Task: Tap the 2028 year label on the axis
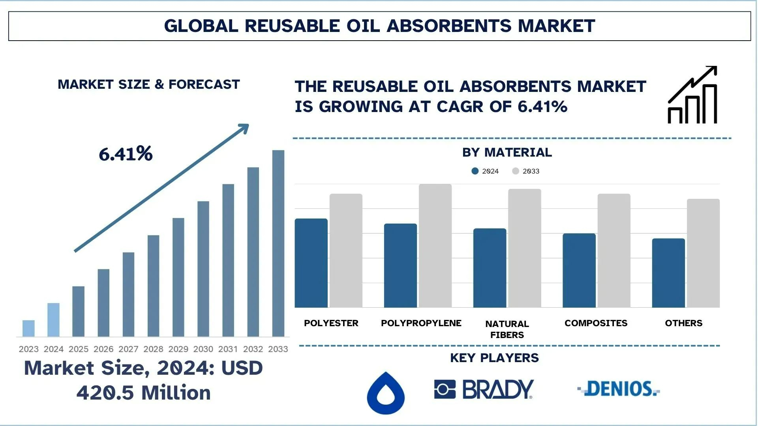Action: [x=153, y=349]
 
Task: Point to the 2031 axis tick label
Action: [x=228, y=349]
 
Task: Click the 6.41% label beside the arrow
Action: [x=126, y=154]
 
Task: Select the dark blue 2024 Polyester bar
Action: [x=311, y=263]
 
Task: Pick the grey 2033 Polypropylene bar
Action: [x=435, y=245]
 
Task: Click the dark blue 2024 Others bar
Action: [x=668, y=273]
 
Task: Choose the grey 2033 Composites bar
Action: [x=614, y=250]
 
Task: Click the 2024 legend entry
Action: [x=486, y=171]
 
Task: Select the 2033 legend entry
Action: [x=526, y=171]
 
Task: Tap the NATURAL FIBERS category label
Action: [x=507, y=329]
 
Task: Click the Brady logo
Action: [x=484, y=389]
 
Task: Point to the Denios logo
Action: [x=619, y=389]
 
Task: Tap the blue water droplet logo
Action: [x=386, y=393]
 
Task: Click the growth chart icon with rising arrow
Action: [x=692, y=95]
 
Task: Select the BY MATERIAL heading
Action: [x=507, y=152]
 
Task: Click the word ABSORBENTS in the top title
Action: [x=449, y=26]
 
